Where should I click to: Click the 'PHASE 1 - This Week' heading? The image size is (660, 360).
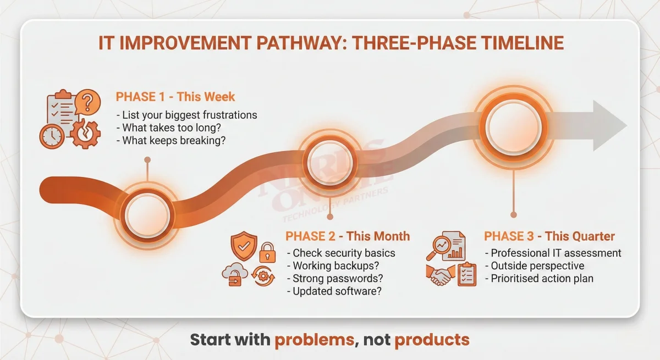tap(175, 97)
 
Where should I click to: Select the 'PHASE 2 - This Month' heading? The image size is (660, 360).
tap(348, 236)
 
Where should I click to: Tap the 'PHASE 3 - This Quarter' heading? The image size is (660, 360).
tap(549, 236)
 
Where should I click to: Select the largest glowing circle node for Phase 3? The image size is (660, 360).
tap(513, 126)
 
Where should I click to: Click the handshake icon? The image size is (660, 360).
tap(440, 275)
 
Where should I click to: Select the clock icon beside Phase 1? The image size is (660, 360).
tap(51, 135)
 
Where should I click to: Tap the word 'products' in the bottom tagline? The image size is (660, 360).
tap(432, 340)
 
